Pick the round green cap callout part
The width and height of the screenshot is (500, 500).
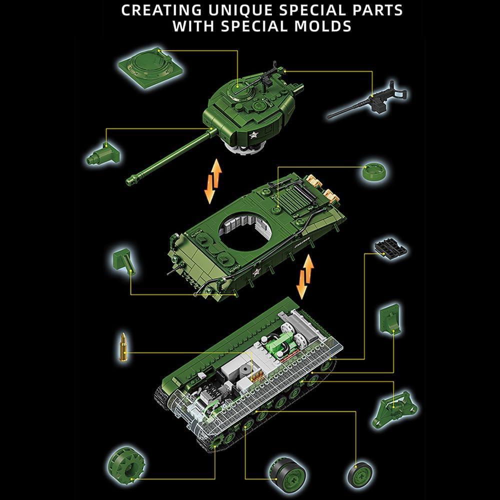coord(374,172)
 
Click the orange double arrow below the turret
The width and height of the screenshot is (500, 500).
coord(214,181)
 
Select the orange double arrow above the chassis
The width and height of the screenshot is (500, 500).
coord(304,276)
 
